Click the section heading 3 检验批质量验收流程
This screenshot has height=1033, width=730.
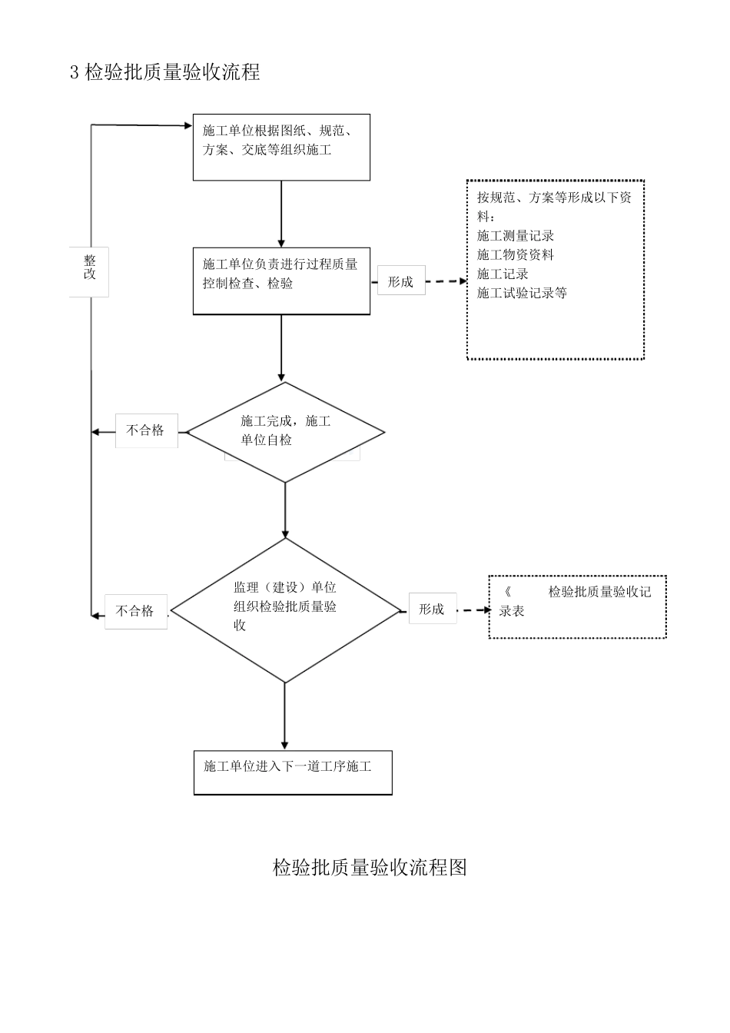pos(165,72)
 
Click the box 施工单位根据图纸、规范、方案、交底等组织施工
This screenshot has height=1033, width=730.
pos(281,147)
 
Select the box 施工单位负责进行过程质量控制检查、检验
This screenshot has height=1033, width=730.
pos(281,281)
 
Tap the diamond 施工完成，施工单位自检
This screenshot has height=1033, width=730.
pos(286,432)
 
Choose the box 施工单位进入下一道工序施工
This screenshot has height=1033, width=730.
pos(293,772)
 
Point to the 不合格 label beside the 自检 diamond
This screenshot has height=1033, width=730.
pos(146,430)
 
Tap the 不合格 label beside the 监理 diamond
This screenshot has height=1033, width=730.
pos(135,611)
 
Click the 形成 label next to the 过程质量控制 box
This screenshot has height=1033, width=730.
pos(400,282)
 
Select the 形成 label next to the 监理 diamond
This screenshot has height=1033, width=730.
pos(432,610)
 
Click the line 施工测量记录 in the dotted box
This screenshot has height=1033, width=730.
pos(516,236)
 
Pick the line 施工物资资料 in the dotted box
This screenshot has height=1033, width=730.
pos(516,255)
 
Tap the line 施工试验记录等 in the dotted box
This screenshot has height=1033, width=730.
pos(522,293)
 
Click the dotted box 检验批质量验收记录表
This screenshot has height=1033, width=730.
pos(577,606)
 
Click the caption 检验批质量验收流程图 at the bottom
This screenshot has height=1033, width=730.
pos(370,868)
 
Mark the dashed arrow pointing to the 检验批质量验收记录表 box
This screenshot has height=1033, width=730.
pos(473,610)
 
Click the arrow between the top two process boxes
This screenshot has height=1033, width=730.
pos(281,214)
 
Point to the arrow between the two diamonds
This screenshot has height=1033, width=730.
pos(285,510)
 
